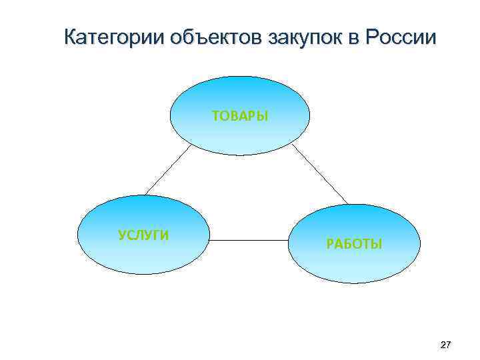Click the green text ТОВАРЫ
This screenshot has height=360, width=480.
click(240, 117)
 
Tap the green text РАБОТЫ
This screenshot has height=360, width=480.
click(354, 244)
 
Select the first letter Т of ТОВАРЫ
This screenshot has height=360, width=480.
click(216, 117)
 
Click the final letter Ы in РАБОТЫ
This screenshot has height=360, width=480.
click(377, 244)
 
